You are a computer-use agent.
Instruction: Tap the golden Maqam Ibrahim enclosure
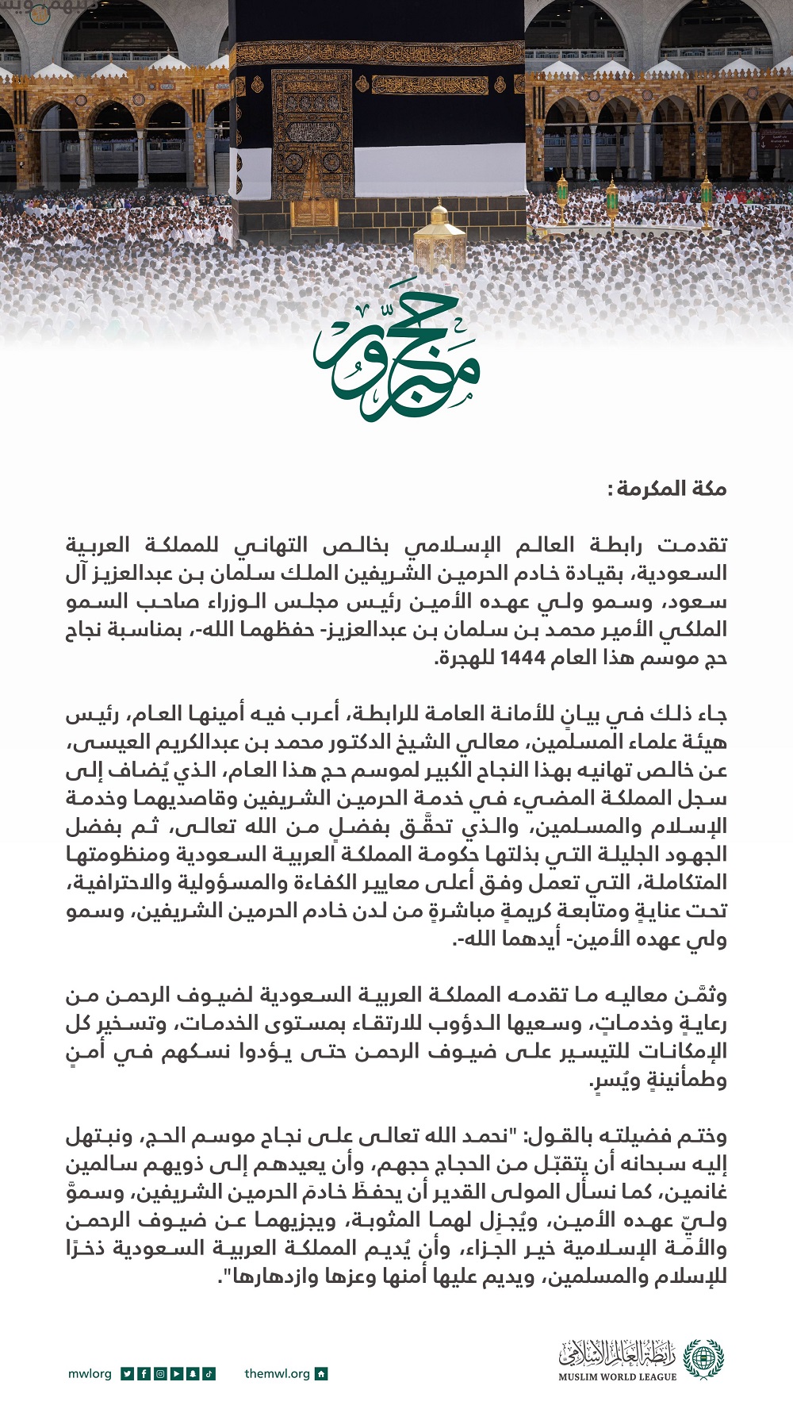pyautogui.click(x=439, y=238)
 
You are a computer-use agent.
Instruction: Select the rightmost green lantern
pyautogui.click(x=707, y=202)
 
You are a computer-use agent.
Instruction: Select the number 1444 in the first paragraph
pyautogui.click(x=523, y=658)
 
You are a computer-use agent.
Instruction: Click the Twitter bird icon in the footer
pyautogui.click(x=128, y=1374)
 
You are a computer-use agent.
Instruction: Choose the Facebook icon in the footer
pyautogui.click(x=144, y=1374)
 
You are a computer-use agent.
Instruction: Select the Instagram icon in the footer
pyautogui.click(x=160, y=1374)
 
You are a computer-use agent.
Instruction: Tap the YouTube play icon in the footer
pyautogui.click(x=176, y=1374)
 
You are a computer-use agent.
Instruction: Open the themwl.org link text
pyautogui.click(x=277, y=1374)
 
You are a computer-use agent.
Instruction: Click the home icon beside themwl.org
pyautogui.click(x=321, y=1374)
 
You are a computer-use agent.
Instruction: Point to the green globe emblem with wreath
pyautogui.click(x=703, y=1360)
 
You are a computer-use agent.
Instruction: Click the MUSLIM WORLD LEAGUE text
pyautogui.click(x=617, y=1376)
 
